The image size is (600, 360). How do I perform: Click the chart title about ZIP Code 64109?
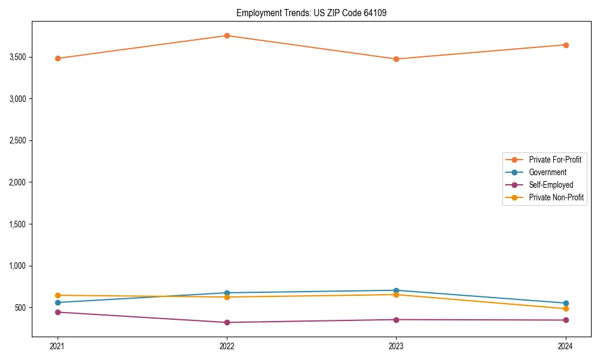(x=316, y=13)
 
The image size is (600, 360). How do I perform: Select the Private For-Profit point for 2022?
(x=227, y=35)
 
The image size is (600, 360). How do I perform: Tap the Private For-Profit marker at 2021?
(x=58, y=58)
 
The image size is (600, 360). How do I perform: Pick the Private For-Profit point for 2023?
(x=396, y=59)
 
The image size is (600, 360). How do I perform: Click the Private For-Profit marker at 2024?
(x=565, y=45)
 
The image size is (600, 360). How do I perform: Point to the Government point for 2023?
(x=396, y=290)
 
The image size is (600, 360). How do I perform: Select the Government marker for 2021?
(x=58, y=302)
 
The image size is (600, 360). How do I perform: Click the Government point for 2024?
(x=565, y=303)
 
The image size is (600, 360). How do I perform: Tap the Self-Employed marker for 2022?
(x=227, y=322)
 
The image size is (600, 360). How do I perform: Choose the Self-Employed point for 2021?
(x=58, y=312)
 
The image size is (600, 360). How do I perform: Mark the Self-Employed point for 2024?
(x=565, y=320)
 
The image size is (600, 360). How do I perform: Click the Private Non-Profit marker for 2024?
(x=565, y=308)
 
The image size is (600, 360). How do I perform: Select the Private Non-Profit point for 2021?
(x=58, y=295)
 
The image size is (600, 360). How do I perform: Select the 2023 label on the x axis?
(x=396, y=346)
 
